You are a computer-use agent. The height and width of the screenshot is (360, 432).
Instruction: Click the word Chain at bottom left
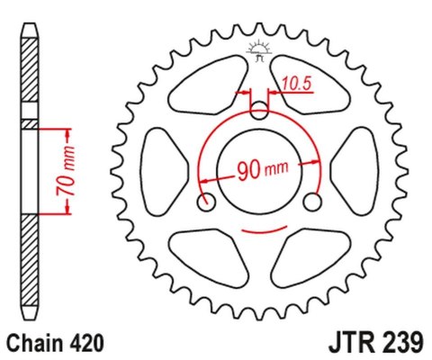tap(38, 343)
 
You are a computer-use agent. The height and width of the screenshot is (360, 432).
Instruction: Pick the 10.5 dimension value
tap(294, 85)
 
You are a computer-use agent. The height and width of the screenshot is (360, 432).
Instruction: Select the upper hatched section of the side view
tap(31, 76)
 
